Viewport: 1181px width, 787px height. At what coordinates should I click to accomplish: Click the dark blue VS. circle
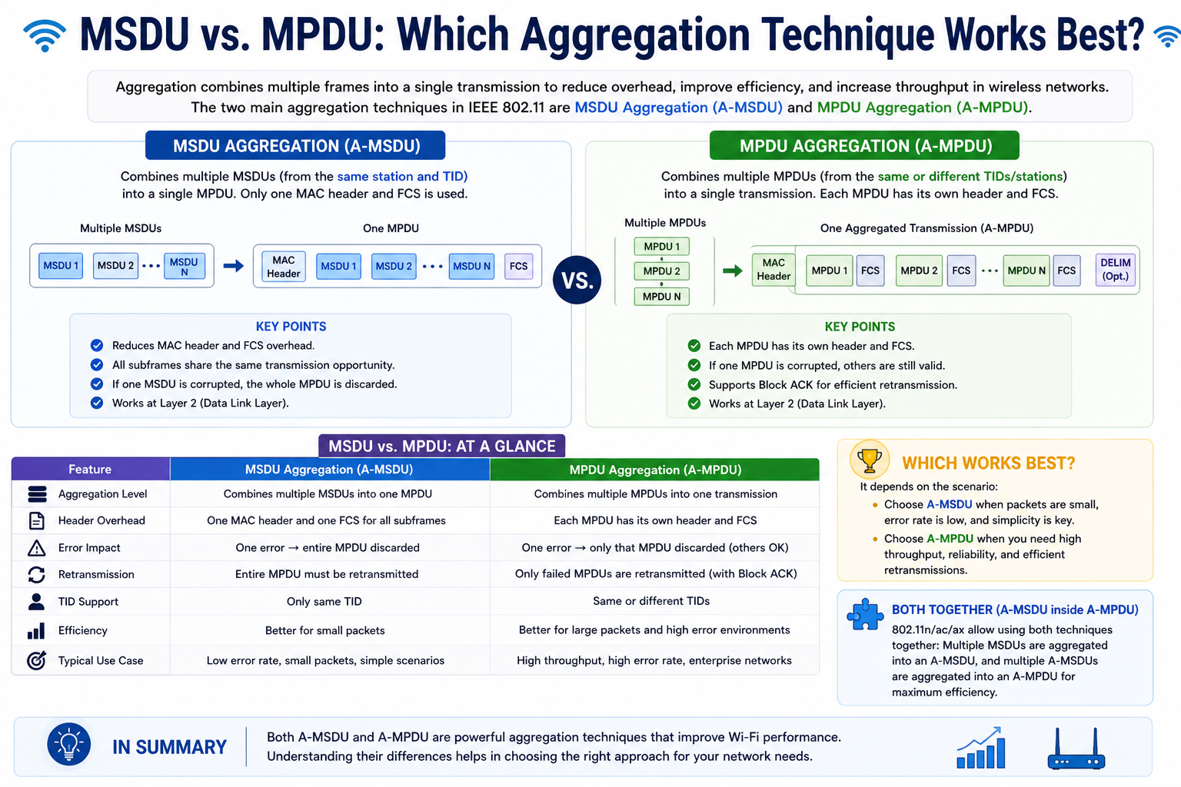(577, 280)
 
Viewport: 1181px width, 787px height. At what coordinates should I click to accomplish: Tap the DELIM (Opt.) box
(1115, 270)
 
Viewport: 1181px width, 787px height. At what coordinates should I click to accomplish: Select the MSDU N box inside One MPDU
(471, 266)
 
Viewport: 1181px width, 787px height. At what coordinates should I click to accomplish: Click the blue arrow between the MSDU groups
(233, 266)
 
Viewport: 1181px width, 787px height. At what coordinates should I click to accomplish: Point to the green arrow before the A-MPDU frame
(732, 271)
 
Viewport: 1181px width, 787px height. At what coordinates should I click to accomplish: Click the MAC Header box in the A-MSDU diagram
(284, 267)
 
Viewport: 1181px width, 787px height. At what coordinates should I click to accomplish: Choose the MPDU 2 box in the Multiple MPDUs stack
(662, 271)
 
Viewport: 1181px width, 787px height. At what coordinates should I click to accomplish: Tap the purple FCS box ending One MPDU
(518, 266)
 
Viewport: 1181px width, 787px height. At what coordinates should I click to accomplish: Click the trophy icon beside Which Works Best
(870, 460)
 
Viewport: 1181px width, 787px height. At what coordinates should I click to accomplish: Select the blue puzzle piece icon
(865, 615)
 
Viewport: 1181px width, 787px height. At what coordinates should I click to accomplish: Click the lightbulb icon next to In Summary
(68, 744)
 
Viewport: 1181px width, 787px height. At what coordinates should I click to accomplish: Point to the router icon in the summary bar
(1076, 749)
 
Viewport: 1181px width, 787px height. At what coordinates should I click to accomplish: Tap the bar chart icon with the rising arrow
(980, 748)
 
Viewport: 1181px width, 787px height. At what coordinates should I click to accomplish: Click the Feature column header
(90, 469)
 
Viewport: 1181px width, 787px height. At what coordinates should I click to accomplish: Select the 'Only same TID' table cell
(324, 602)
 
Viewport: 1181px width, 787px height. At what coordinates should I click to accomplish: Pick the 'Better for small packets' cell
(324, 630)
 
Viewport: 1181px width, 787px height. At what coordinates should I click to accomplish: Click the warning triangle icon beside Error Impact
(36, 548)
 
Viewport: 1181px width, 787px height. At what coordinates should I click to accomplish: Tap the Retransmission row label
(96, 575)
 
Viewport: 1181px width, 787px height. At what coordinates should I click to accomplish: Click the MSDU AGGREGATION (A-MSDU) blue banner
(295, 145)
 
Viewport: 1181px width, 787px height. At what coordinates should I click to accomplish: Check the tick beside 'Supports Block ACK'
(694, 385)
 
